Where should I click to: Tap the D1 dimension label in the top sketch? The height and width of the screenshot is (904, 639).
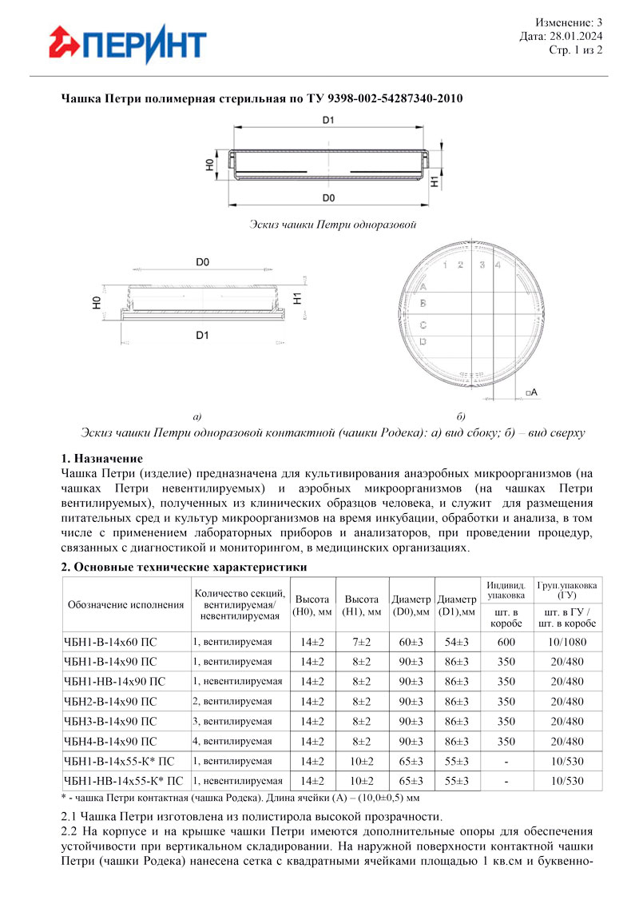[x=328, y=121]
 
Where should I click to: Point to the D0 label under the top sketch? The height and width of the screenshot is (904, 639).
[x=328, y=197]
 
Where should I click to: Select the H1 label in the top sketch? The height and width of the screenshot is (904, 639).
[x=435, y=181]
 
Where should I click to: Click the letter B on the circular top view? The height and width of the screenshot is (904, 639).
[x=423, y=304]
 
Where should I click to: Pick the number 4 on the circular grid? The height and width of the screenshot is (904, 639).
[x=498, y=265]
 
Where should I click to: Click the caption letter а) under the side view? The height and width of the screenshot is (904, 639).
[x=196, y=416]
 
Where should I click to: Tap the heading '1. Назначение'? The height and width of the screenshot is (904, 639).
[x=101, y=459]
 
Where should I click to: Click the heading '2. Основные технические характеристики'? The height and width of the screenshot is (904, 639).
[x=185, y=567]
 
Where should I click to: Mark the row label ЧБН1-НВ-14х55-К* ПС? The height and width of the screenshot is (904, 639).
[x=122, y=781]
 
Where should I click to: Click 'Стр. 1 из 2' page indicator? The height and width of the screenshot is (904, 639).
[x=576, y=50]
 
